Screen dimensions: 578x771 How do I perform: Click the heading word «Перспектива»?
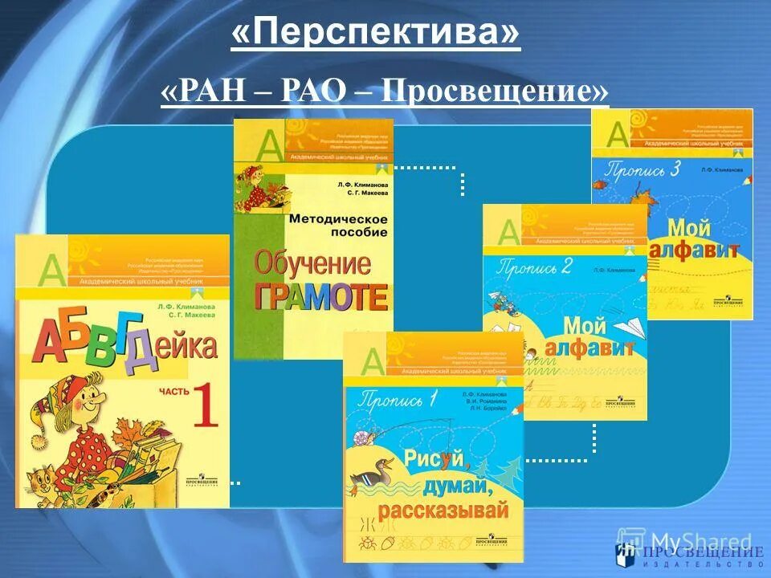pyautogui.click(x=376, y=35)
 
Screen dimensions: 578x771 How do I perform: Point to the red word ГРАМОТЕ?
pyautogui.click(x=321, y=296)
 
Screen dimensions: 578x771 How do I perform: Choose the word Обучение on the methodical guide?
pyautogui.click(x=312, y=263)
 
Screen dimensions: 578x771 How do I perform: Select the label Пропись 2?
pyautogui.click(x=536, y=268)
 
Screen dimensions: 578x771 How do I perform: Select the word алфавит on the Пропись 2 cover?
pyautogui.click(x=589, y=348)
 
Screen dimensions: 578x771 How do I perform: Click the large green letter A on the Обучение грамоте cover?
pyautogui.click(x=267, y=144)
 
